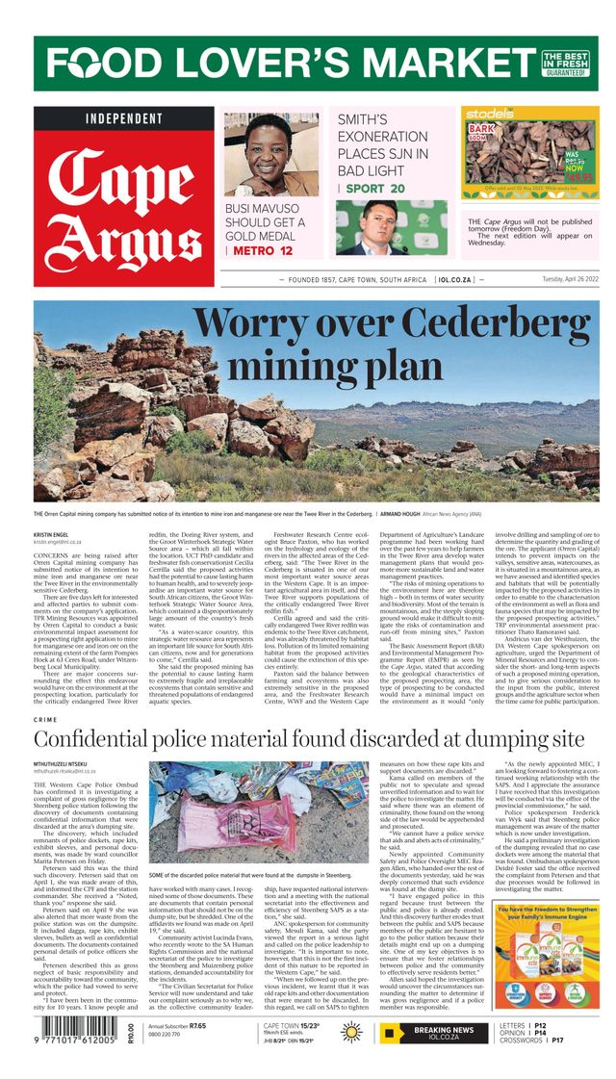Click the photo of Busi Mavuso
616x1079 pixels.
pos(270,153)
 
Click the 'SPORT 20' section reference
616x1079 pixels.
pos(374,189)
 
